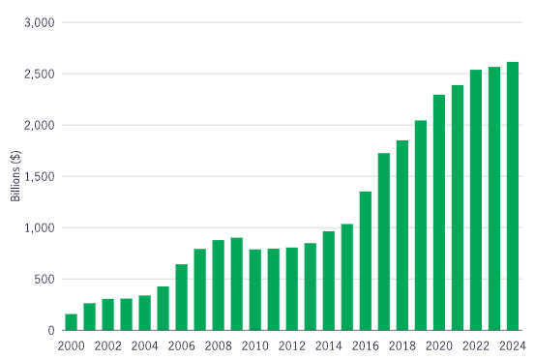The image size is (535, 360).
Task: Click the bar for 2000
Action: point(71,322)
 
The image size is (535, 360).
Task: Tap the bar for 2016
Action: point(366,261)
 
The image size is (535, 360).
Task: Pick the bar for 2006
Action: point(181,297)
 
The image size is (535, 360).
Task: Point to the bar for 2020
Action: point(439,213)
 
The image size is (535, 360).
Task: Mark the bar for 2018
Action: point(402,236)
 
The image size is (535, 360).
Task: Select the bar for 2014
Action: point(329,281)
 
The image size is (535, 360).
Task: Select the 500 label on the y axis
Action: point(45,280)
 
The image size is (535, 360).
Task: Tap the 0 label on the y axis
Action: point(52,331)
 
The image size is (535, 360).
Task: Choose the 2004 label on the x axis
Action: point(144,346)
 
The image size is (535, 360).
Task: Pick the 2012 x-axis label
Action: point(292,346)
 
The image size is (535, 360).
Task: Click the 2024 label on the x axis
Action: point(513,346)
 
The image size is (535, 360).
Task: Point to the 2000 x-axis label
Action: point(71,346)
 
